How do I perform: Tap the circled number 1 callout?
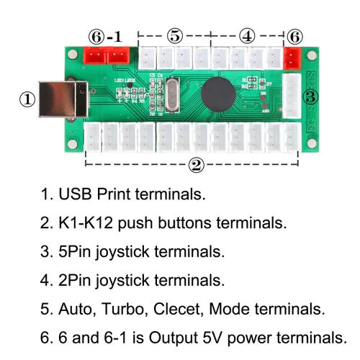coord(27,99)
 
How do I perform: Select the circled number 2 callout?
coord(196,166)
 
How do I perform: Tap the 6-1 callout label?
coord(106,36)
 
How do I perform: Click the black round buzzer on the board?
coord(217,93)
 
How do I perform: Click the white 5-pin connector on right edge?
coord(293,96)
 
